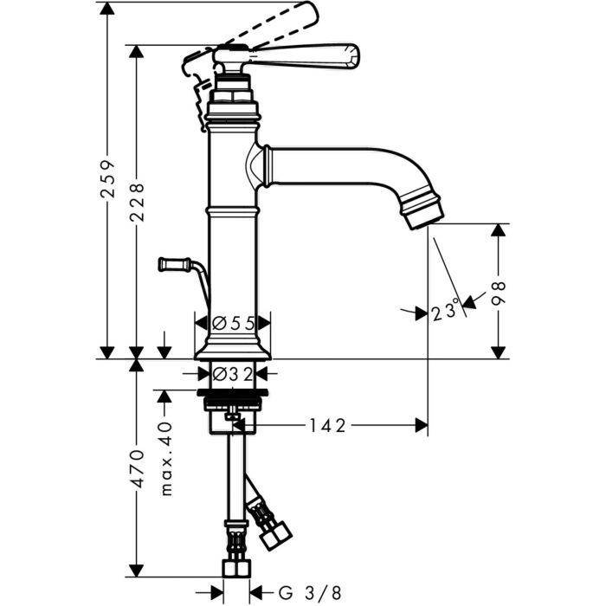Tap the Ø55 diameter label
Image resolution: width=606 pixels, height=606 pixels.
(x=232, y=323)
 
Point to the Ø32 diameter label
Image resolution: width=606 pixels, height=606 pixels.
(x=232, y=374)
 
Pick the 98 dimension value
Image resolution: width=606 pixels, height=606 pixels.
(x=500, y=294)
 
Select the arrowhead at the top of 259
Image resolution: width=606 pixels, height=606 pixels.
(x=106, y=8)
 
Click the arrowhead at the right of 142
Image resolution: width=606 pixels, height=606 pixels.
(x=422, y=425)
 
